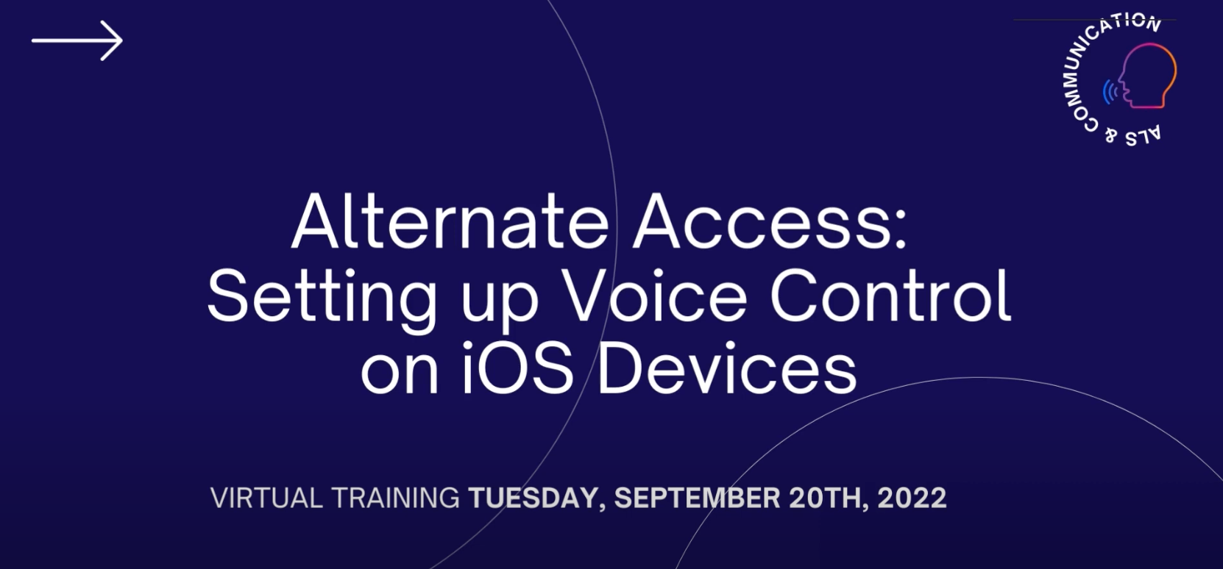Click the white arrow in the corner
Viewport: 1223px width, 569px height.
(77, 40)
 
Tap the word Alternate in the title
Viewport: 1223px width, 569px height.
(450, 221)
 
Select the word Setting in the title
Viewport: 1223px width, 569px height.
(322, 299)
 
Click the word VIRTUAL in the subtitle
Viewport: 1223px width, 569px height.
(266, 498)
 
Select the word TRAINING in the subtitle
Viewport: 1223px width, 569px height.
(395, 498)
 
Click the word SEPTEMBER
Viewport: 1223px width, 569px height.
(697, 498)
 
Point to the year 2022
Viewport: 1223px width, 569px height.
(912, 498)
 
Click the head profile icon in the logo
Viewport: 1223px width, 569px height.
(1147, 76)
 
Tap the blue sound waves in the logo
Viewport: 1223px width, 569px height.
(1110, 92)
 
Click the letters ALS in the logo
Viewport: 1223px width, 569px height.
(1143, 137)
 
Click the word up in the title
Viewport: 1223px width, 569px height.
(500, 306)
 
